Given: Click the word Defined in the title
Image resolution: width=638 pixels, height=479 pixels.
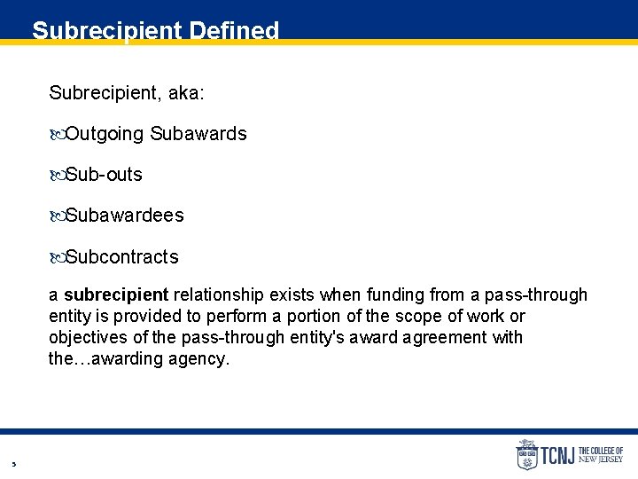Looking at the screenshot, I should click(x=233, y=31).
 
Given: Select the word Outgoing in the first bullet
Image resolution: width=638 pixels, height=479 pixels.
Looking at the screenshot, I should click(x=105, y=134).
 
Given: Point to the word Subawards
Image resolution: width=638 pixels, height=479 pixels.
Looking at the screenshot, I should click(x=198, y=134).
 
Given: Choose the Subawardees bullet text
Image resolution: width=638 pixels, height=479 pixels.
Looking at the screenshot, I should click(x=125, y=216).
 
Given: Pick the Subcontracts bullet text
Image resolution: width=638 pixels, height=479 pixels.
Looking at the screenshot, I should click(x=122, y=257).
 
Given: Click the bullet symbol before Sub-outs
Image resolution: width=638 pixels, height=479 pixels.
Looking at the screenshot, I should click(x=58, y=176).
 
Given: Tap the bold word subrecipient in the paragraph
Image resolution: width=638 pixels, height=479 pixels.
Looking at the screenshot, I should click(x=116, y=294).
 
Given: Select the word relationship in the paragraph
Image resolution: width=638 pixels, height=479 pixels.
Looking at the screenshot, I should click(x=219, y=294).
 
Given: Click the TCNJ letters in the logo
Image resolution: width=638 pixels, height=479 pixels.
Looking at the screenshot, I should click(x=558, y=455).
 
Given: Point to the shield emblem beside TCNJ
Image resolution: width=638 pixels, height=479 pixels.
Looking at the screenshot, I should click(x=527, y=454).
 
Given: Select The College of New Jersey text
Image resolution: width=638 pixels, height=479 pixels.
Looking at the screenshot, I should click(x=601, y=455).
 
